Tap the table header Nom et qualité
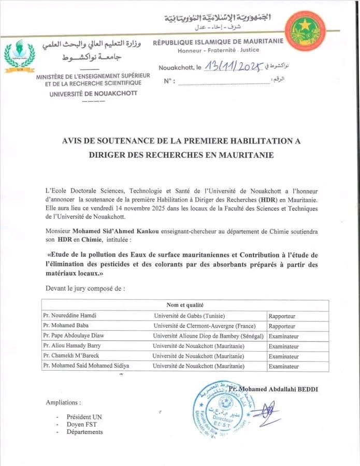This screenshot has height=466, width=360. click(x=185, y=305)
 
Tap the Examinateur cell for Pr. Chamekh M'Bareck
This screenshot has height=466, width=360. click(x=283, y=356)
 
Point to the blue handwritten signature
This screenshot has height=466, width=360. click(x=267, y=412)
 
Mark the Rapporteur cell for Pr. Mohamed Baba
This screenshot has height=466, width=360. click(x=282, y=326)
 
